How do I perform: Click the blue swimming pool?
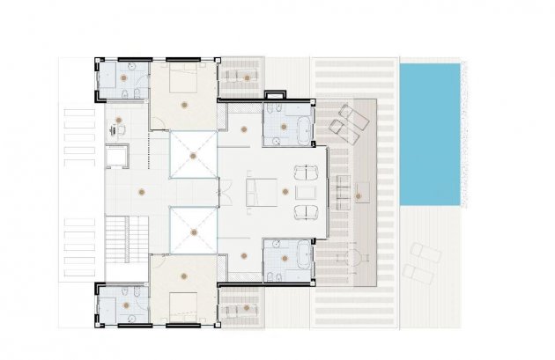pos(429,134)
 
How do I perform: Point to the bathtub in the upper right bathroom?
pos(303,125)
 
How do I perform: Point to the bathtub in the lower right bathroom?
pos(303,259)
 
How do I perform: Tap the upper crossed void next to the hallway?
pos(192,155)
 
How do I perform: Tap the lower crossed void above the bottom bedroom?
pos(192,231)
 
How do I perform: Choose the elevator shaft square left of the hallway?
pos(117,157)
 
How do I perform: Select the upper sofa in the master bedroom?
pos(304,171)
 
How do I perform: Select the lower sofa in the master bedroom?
pos(304,211)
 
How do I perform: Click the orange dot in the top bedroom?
pos(183,104)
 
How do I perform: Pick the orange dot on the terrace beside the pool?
pos(359,195)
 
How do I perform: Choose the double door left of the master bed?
pos(226,191)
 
